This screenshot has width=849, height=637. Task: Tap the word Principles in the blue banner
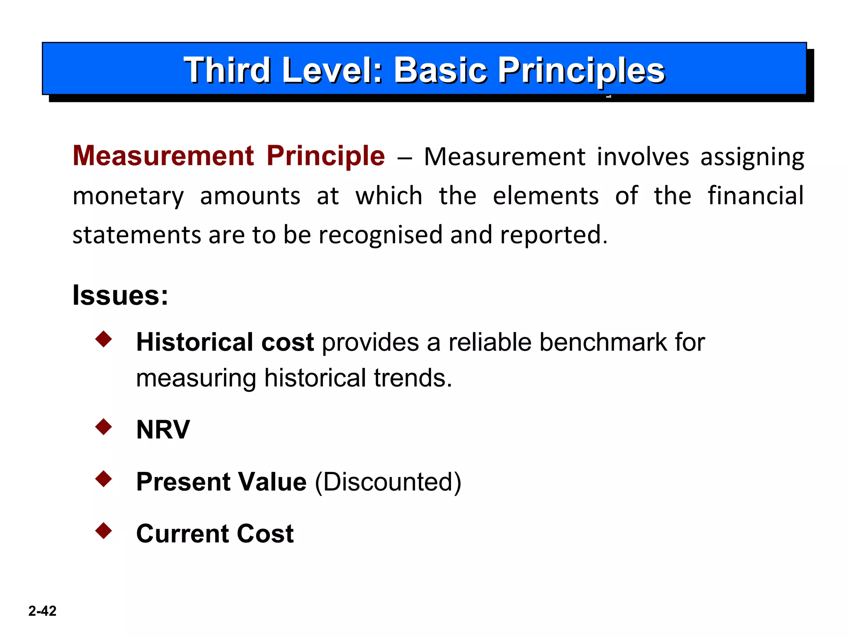click(x=581, y=71)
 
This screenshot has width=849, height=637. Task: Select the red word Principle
click(x=325, y=157)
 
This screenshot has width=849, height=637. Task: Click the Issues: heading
click(x=120, y=295)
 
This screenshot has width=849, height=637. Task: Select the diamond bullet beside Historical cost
click(x=104, y=339)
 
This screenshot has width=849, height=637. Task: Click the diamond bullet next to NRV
click(x=104, y=427)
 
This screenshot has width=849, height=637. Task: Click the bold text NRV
click(x=163, y=429)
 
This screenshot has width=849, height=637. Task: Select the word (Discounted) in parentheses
click(x=388, y=482)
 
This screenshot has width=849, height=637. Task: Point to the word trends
click(x=412, y=378)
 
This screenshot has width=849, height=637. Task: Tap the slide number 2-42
click(x=42, y=611)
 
